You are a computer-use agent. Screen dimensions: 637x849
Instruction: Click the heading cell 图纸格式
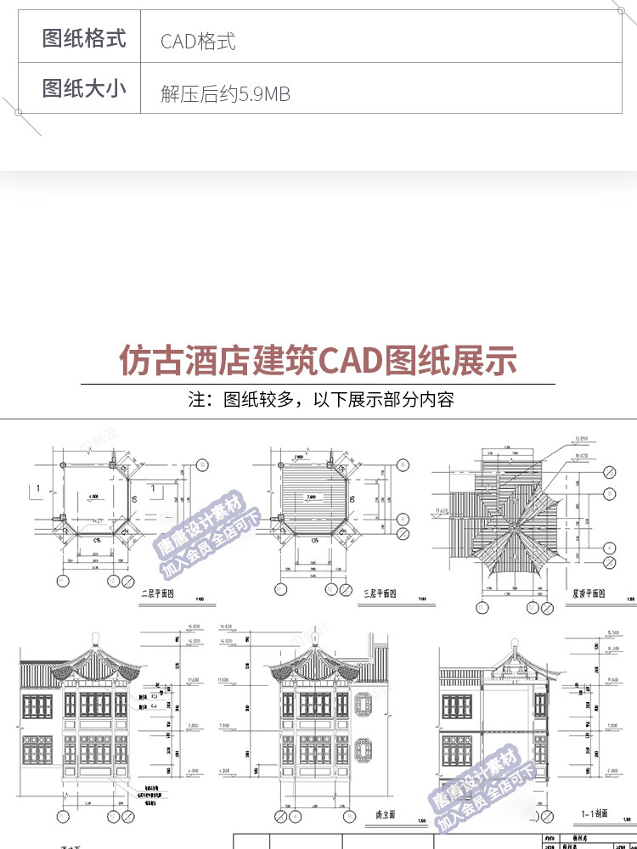point(84,39)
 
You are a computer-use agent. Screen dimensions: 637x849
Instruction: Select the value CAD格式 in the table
point(198,42)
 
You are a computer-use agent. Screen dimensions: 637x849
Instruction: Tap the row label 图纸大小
point(84,88)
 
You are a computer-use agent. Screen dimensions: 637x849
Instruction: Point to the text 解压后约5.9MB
point(225,94)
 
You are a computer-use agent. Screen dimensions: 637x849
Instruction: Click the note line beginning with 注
point(320,399)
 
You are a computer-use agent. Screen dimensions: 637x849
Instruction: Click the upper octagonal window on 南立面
point(367,704)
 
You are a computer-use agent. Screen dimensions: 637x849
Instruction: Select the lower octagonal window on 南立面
point(367,751)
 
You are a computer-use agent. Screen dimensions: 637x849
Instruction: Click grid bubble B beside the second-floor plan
point(202,465)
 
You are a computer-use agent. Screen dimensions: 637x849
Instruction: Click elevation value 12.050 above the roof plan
point(581,438)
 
